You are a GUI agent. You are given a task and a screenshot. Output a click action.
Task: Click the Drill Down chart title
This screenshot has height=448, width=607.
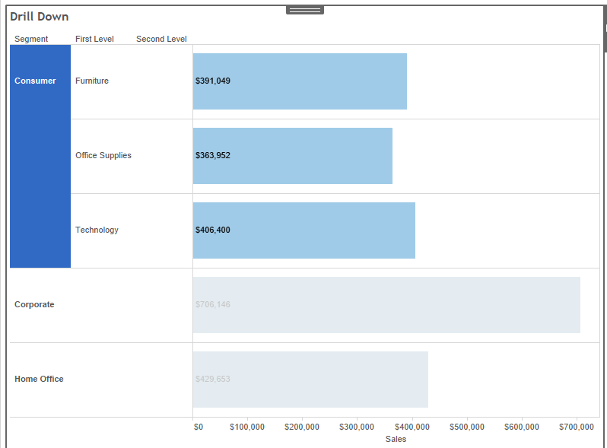[39, 17]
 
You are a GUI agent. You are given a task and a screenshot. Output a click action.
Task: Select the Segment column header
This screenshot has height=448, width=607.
[31, 39]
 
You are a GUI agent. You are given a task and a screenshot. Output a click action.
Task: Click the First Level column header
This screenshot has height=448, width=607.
[94, 39]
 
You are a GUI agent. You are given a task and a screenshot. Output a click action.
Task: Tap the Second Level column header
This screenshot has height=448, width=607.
[161, 39]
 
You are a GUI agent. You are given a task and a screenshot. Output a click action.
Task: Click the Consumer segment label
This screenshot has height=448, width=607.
[35, 81]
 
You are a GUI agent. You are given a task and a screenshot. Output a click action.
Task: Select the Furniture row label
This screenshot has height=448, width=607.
[92, 81]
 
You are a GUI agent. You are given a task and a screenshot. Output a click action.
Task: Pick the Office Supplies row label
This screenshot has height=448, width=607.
[103, 155]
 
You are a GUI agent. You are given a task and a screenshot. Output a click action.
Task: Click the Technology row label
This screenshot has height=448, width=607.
[97, 230]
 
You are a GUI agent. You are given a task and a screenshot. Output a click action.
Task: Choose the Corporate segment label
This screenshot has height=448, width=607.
[34, 304]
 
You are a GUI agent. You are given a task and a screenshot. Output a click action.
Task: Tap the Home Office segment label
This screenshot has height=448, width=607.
[39, 379]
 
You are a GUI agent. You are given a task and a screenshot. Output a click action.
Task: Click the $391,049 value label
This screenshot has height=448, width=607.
[213, 81]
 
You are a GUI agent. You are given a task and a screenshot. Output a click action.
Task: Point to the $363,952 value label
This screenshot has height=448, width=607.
[213, 155]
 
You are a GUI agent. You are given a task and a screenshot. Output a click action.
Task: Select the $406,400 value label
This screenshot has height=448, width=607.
[213, 230]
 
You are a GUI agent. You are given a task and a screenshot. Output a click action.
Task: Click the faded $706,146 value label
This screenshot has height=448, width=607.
[213, 304]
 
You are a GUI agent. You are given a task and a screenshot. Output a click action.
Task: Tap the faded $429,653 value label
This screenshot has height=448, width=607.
[213, 379]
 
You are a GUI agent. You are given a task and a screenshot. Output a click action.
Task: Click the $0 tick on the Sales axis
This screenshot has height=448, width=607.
[199, 427]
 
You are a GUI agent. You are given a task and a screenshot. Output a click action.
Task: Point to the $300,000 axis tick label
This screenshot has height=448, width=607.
[357, 427]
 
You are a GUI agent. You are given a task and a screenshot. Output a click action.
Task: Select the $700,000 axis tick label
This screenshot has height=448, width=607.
[576, 427]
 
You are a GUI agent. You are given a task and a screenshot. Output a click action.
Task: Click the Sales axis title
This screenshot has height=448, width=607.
[396, 439]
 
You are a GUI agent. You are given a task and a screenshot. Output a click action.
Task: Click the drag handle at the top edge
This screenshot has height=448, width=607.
[305, 10]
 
